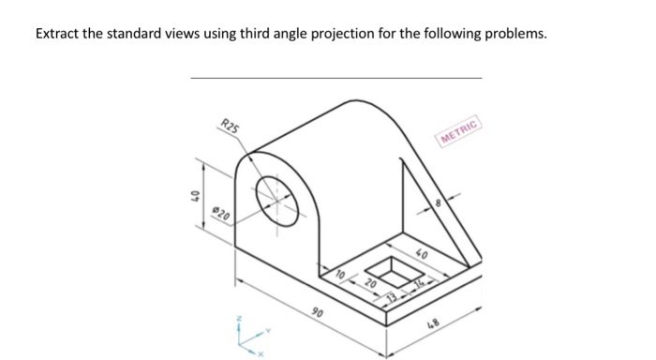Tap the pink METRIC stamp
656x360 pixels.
click(x=459, y=132)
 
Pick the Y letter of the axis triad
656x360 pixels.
click(x=268, y=329)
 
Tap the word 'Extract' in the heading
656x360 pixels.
click(x=59, y=34)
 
